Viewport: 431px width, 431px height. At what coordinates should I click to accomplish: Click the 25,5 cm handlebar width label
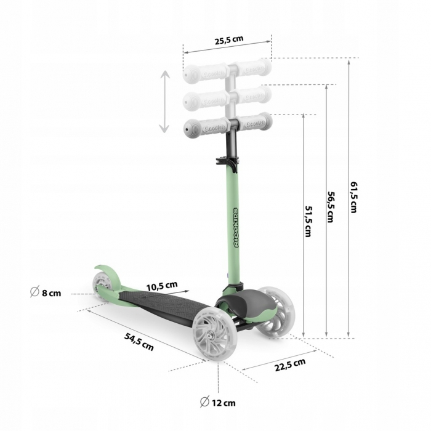pos(228,40)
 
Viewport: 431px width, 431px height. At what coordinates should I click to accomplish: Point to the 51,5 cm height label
pos(308,222)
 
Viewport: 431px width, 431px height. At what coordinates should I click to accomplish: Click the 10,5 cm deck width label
pos(162,286)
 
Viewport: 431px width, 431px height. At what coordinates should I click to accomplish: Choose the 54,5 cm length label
pos(139,341)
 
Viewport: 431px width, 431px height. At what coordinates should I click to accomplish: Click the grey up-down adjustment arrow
pos(164,102)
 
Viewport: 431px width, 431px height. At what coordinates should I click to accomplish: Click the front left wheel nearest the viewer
pos(211,334)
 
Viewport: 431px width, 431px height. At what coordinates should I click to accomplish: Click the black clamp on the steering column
pos(227,164)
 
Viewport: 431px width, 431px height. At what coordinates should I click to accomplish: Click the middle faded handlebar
pos(227,97)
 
